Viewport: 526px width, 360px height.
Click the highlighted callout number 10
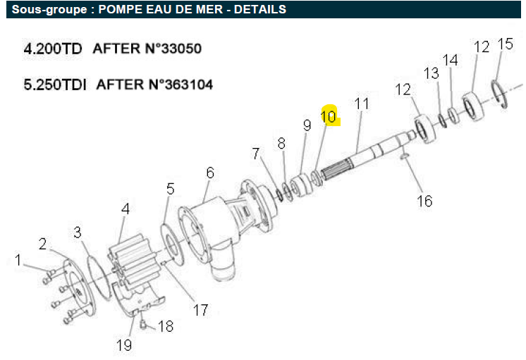coord(329,116)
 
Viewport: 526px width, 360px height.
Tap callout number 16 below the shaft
coord(424,201)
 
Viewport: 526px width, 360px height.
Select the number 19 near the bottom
coord(124,345)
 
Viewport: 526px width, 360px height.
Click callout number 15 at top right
coord(506,44)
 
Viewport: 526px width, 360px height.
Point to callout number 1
coord(18,260)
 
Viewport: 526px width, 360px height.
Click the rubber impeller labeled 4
coord(131,261)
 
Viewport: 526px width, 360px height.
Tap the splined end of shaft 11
coord(336,170)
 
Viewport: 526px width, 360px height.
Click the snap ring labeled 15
coord(500,94)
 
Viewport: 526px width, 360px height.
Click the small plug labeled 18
coord(143,324)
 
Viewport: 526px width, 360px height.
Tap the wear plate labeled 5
coord(173,245)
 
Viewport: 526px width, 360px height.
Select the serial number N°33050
coord(175,49)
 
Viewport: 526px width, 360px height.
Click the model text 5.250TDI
coord(55,84)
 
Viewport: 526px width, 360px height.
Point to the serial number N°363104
coord(181,84)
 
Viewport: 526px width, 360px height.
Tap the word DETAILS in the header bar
coord(260,9)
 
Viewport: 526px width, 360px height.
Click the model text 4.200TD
coord(53,49)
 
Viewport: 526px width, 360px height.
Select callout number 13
coord(431,73)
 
